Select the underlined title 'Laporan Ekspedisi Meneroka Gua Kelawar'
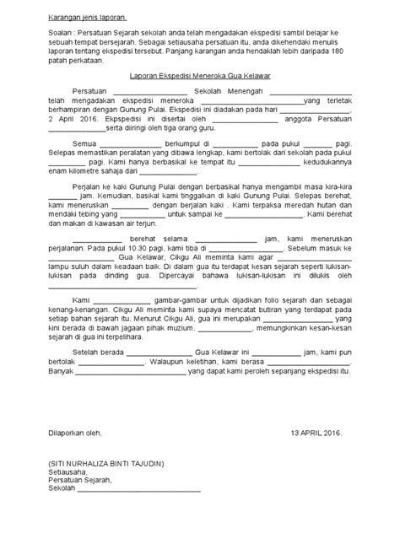[199, 76]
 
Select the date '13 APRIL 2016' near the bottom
[315, 433]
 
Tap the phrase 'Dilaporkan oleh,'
[73, 433]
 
